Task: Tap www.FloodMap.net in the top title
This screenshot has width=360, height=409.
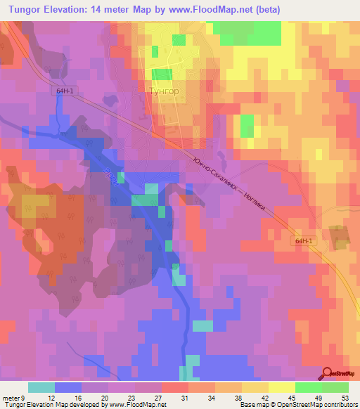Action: tap(222, 10)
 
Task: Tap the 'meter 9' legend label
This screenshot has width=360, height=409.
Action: tap(13, 398)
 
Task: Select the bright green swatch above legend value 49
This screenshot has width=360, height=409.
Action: tap(309, 387)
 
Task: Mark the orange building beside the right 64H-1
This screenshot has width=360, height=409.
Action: tap(340, 237)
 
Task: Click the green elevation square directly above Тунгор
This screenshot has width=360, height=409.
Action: tap(161, 74)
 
